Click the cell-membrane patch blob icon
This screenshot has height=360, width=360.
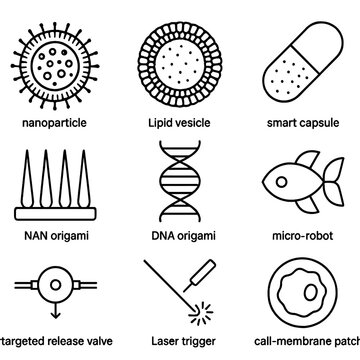(x=304, y=298)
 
